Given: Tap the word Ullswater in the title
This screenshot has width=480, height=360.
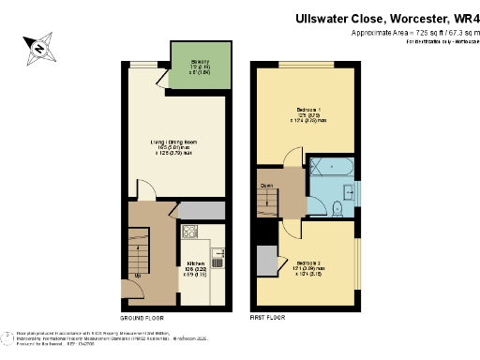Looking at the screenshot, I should [324, 17].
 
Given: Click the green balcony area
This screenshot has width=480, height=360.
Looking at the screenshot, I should [201, 67].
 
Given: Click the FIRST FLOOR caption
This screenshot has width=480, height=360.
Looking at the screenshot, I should [269, 318].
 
